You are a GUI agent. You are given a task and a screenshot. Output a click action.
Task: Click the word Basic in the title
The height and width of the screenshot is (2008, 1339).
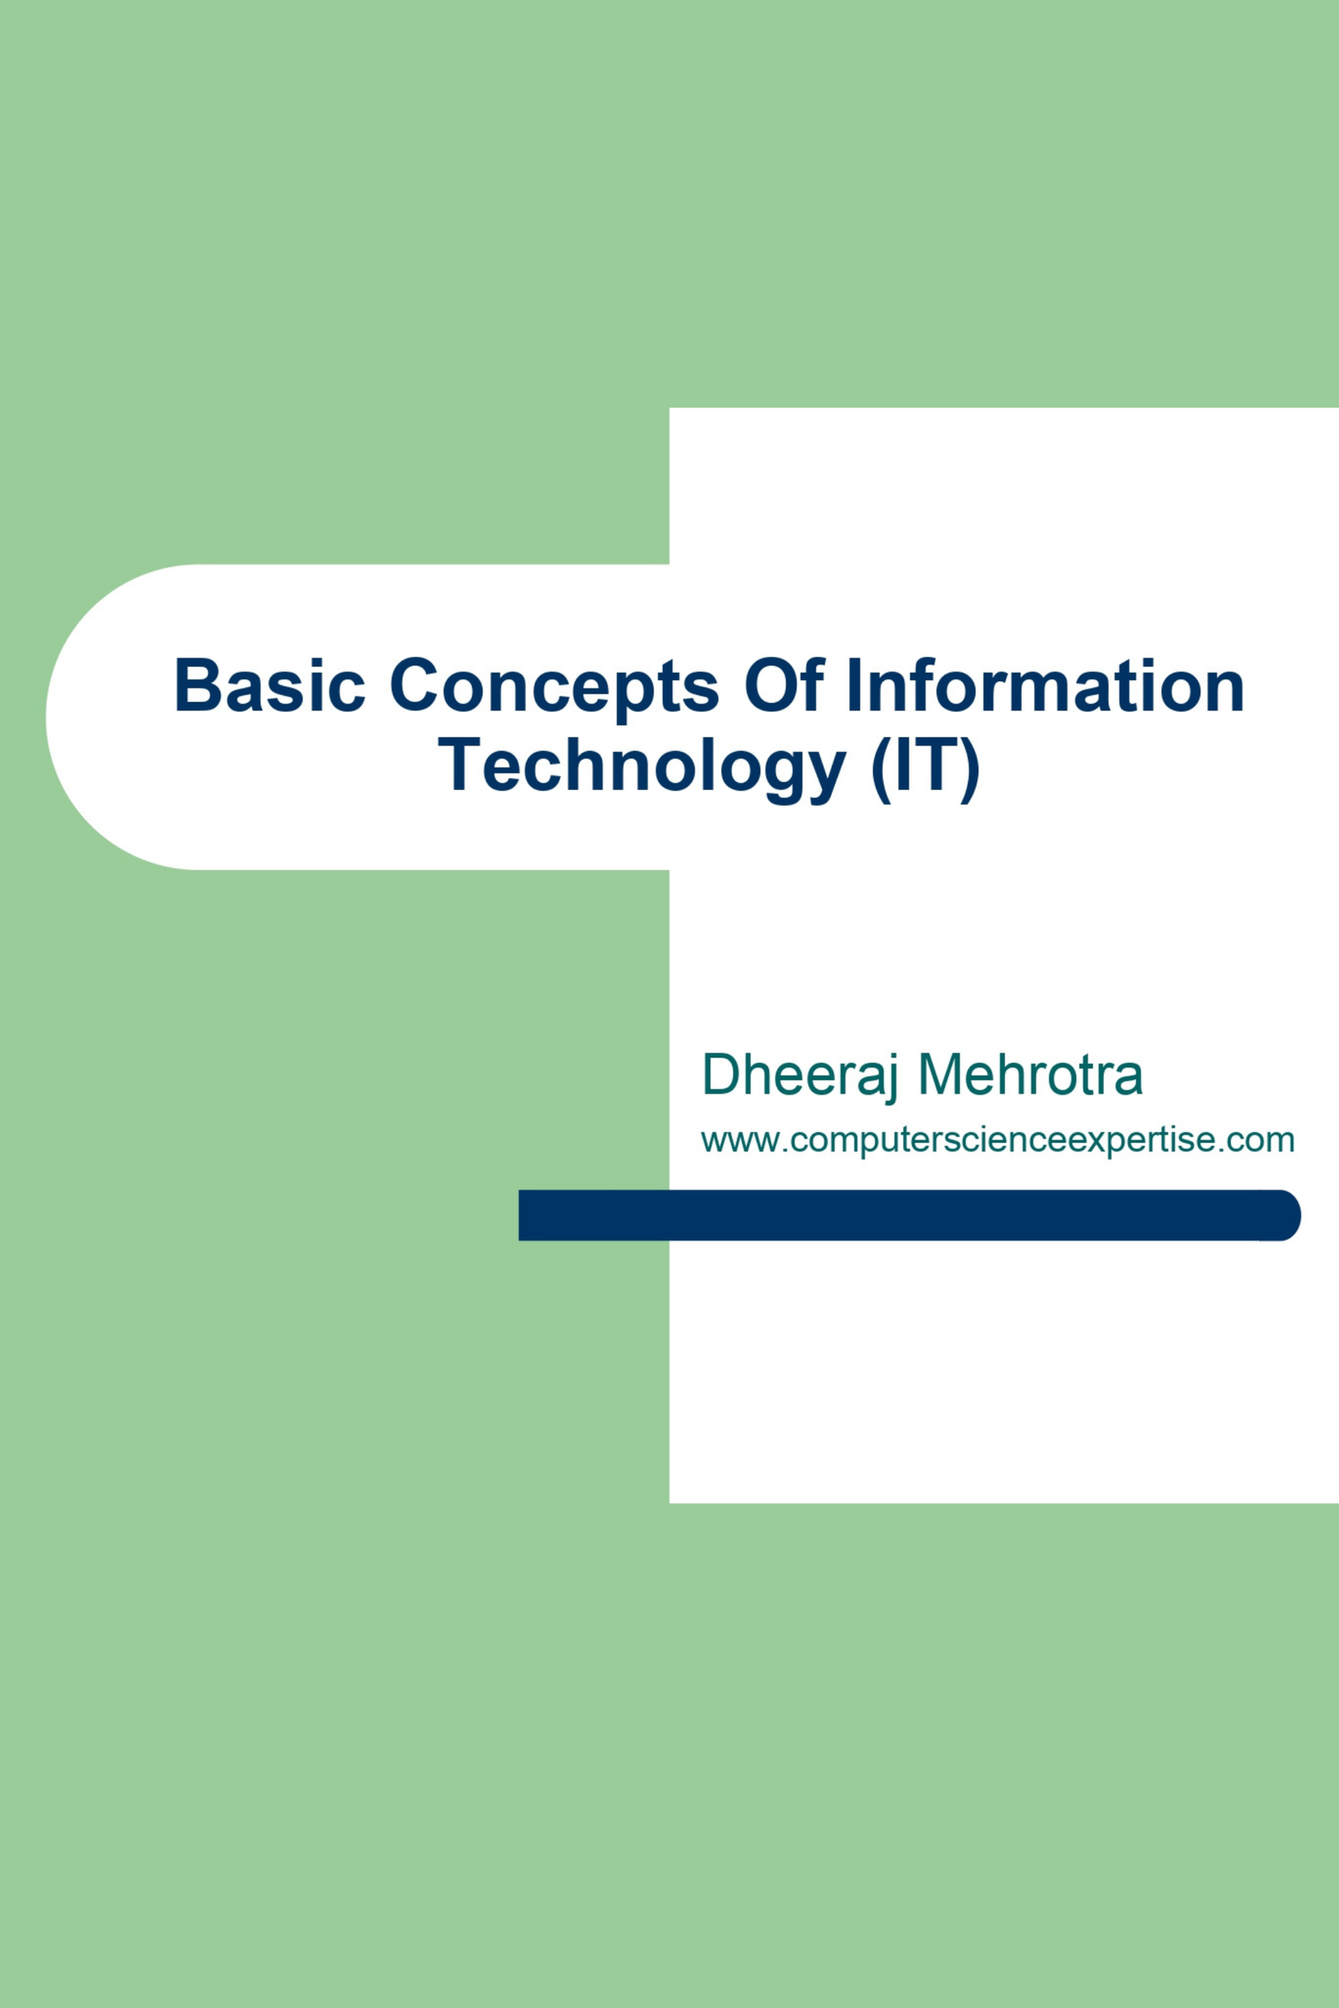[269, 684]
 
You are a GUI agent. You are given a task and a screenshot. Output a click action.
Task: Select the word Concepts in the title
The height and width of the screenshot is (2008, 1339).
[554, 689]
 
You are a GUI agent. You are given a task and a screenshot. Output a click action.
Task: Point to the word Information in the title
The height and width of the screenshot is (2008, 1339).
[1045, 684]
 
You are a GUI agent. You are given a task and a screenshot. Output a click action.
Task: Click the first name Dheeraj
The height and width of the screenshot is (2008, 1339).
[799, 1076]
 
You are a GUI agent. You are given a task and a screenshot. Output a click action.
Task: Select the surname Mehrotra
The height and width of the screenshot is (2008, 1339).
[1031, 1074]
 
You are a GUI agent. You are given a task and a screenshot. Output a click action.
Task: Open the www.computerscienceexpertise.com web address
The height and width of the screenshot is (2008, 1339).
[998, 1140]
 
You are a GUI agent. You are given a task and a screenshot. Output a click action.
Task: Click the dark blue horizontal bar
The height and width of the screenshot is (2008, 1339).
[910, 1214]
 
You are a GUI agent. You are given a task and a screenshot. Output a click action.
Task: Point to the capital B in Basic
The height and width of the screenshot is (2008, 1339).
[198, 684]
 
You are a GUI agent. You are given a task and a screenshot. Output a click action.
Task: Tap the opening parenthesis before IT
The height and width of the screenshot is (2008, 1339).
[880, 770]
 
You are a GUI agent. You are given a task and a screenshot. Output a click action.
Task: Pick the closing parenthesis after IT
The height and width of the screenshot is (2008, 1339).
[970, 770]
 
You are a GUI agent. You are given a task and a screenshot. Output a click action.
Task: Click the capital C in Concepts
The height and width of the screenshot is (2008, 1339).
[415, 684]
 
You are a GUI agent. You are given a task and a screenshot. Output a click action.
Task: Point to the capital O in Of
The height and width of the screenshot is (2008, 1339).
[772, 684]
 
